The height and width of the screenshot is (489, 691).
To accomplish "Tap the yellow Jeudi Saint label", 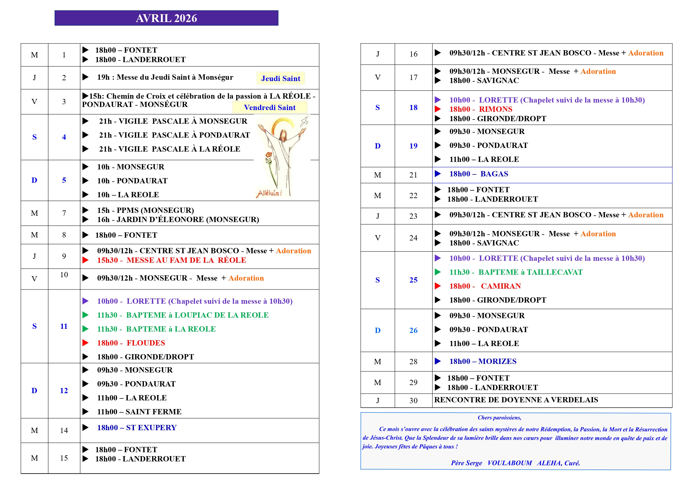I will [x=280, y=78].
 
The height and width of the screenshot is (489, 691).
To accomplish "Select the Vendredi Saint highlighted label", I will [x=269, y=108].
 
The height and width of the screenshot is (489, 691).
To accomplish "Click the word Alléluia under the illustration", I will [x=269, y=193].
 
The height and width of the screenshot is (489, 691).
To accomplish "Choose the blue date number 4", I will [x=64, y=137].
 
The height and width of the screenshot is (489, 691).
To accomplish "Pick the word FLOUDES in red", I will [x=146, y=343].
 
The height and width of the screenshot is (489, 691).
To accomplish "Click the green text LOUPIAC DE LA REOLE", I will [x=221, y=315].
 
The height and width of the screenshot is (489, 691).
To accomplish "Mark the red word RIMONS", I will [x=495, y=109].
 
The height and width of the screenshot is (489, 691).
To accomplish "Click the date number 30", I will [x=413, y=400].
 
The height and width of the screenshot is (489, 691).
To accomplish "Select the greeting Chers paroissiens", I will [x=499, y=417].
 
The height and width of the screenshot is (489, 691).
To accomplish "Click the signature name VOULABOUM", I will [x=509, y=463].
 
